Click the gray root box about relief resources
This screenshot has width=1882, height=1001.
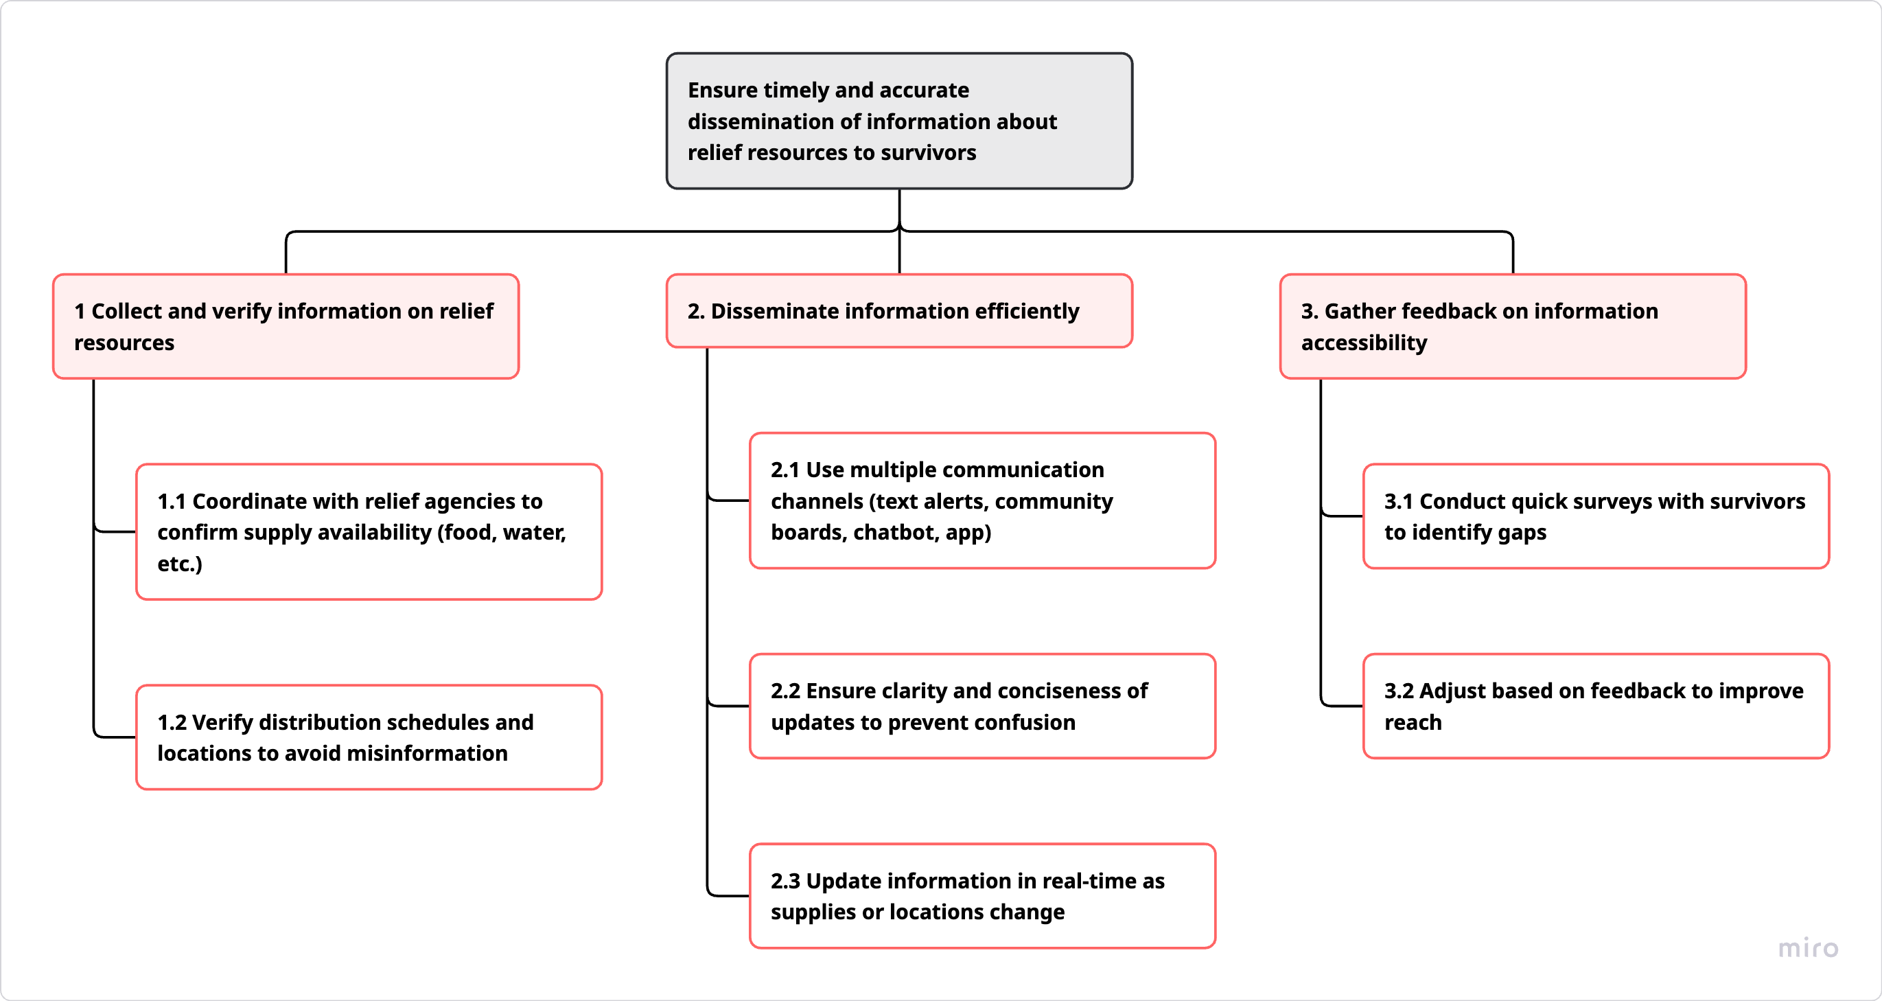coord(898,121)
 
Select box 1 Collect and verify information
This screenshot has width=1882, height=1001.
coord(286,326)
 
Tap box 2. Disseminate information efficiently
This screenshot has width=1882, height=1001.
coord(898,310)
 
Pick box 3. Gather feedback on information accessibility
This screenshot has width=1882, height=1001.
coord(1512,326)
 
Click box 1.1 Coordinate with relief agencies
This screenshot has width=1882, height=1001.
coord(369,531)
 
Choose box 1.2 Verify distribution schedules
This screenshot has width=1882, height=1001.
coord(369,737)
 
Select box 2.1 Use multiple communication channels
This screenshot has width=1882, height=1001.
coord(982,500)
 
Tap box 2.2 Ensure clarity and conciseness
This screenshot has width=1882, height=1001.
coord(982,706)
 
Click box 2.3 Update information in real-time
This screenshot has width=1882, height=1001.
coord(982,896)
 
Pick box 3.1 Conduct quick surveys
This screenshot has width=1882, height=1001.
coord(1596,516)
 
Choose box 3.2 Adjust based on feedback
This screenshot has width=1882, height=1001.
coord(1596,706)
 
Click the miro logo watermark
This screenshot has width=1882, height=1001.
coord(1807,947)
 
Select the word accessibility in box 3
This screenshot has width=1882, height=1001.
coord(1363,343)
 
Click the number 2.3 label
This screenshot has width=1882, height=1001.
coord(785,881)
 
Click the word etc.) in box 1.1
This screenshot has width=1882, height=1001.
coord(180,564)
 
